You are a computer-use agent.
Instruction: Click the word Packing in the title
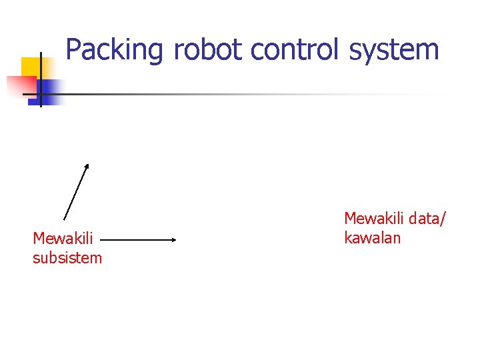[114, 50]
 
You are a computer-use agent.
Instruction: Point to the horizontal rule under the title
[253, 94]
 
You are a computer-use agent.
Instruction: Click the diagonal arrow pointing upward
[75, 192]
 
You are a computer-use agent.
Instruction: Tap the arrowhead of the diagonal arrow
[87, 166]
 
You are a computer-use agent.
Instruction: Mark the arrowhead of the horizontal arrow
[173, 239]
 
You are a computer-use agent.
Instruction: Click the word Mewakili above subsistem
[63, 238]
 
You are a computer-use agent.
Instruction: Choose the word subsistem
[67, 257]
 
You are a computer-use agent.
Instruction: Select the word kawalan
[372, 237]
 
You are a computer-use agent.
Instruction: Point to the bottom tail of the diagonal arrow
[64, 219]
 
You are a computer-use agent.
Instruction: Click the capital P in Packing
[73, 50]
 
